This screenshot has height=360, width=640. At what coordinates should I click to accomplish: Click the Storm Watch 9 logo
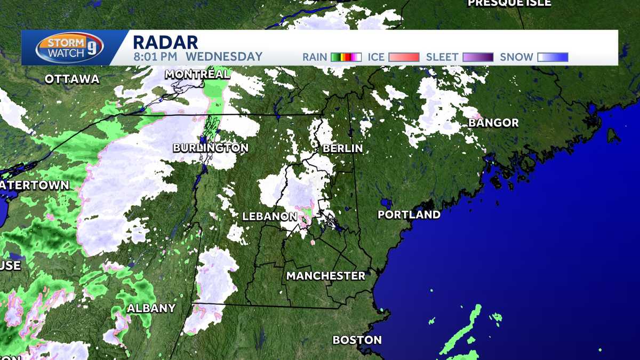click(x=69, y=47)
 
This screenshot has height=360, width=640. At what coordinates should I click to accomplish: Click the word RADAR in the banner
click(x=165, y=42)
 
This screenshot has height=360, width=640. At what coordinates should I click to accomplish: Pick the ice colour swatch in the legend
click(x=404, y=57)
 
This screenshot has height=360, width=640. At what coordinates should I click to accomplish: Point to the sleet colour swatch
click(x=477, y=57)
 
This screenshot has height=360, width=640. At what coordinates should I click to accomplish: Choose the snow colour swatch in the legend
click(x=553, y=57)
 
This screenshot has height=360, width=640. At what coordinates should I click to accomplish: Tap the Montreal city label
click(x=197, y=74)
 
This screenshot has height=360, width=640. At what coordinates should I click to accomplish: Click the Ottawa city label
click(x=72, y=79)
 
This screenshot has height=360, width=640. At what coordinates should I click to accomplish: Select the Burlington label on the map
click(x=211, y=148)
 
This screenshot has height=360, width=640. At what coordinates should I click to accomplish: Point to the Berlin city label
click(x=342, y=148)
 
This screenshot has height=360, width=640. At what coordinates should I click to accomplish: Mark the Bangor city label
click(x=493, y=123)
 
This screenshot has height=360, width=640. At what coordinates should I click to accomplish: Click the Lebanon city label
click(x=269, y=217)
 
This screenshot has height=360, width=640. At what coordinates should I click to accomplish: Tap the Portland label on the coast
click(x=409, y=215)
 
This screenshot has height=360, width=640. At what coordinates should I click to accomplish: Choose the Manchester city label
click(x=326, y=276)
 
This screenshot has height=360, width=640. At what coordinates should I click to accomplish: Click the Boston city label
click(x=357, y=340)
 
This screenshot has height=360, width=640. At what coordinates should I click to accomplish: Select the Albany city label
click(x=151, y=308)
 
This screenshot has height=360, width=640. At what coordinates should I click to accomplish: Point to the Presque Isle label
click(x=509, y=3)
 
